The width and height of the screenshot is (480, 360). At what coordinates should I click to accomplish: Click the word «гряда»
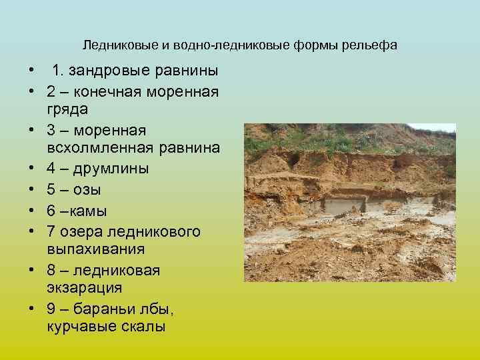click(x=67, y=108)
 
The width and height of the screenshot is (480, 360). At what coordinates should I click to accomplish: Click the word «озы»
click(x=88, y=189)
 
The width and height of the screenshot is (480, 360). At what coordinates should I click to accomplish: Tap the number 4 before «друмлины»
click(x=51, y=169)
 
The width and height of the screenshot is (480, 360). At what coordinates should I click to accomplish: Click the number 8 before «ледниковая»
click(x=51, y=271)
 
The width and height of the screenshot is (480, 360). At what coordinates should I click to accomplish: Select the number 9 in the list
click(x=51, y=309)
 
